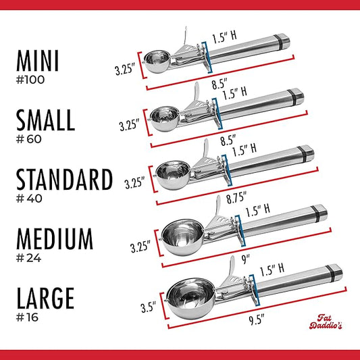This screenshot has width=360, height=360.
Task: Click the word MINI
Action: click(x=38, y=61)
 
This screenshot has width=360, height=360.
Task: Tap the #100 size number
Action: click(x=30, y=80)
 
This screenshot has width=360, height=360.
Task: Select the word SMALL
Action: click(x=45, y=120)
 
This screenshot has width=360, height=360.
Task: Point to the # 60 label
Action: click(x=29, y=139)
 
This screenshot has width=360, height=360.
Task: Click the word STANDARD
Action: click(x=65, y=179)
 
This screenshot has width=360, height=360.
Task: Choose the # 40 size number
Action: click(x=29, y=199)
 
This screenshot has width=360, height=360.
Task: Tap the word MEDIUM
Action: click(x=55, y=239)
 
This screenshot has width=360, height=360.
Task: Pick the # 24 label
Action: click(x=28, y=258)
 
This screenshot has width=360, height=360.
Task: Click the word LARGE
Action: click(x=45, y=298)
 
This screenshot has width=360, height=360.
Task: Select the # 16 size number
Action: click(x=27, y=317)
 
